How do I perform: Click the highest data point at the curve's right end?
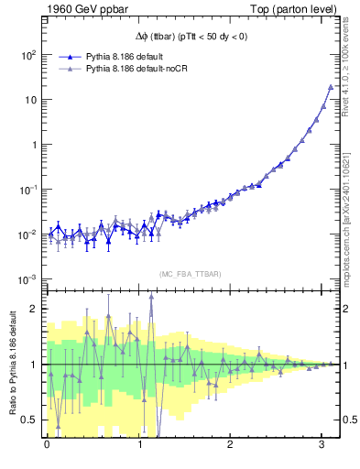pos(330,87)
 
